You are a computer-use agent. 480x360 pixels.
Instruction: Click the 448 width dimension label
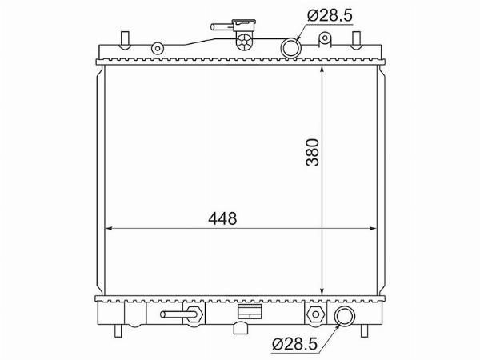pos(222,218)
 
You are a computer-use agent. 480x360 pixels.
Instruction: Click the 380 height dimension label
pos(313,153)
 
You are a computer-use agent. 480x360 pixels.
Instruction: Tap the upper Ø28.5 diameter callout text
pos(330,15)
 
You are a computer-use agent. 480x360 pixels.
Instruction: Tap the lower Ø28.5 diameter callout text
pos(294,344)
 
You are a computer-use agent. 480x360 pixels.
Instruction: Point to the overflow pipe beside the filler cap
pos(222,27)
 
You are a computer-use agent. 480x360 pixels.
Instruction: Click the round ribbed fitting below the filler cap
pos(244,42)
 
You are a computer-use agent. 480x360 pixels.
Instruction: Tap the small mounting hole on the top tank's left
pos(158,48)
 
